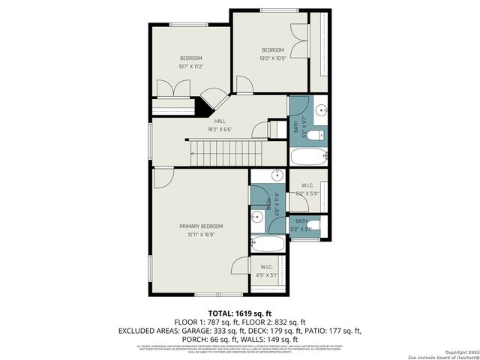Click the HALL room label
coord(220,121)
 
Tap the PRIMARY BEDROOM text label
coord(200,226)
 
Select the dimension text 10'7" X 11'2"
coord(190,67)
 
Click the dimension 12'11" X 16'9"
coord(200,234)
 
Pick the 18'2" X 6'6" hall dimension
coord(220,129)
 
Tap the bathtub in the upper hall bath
coord(308,157)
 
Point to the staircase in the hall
coord(225,153)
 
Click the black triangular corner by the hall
coord(203,107)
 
